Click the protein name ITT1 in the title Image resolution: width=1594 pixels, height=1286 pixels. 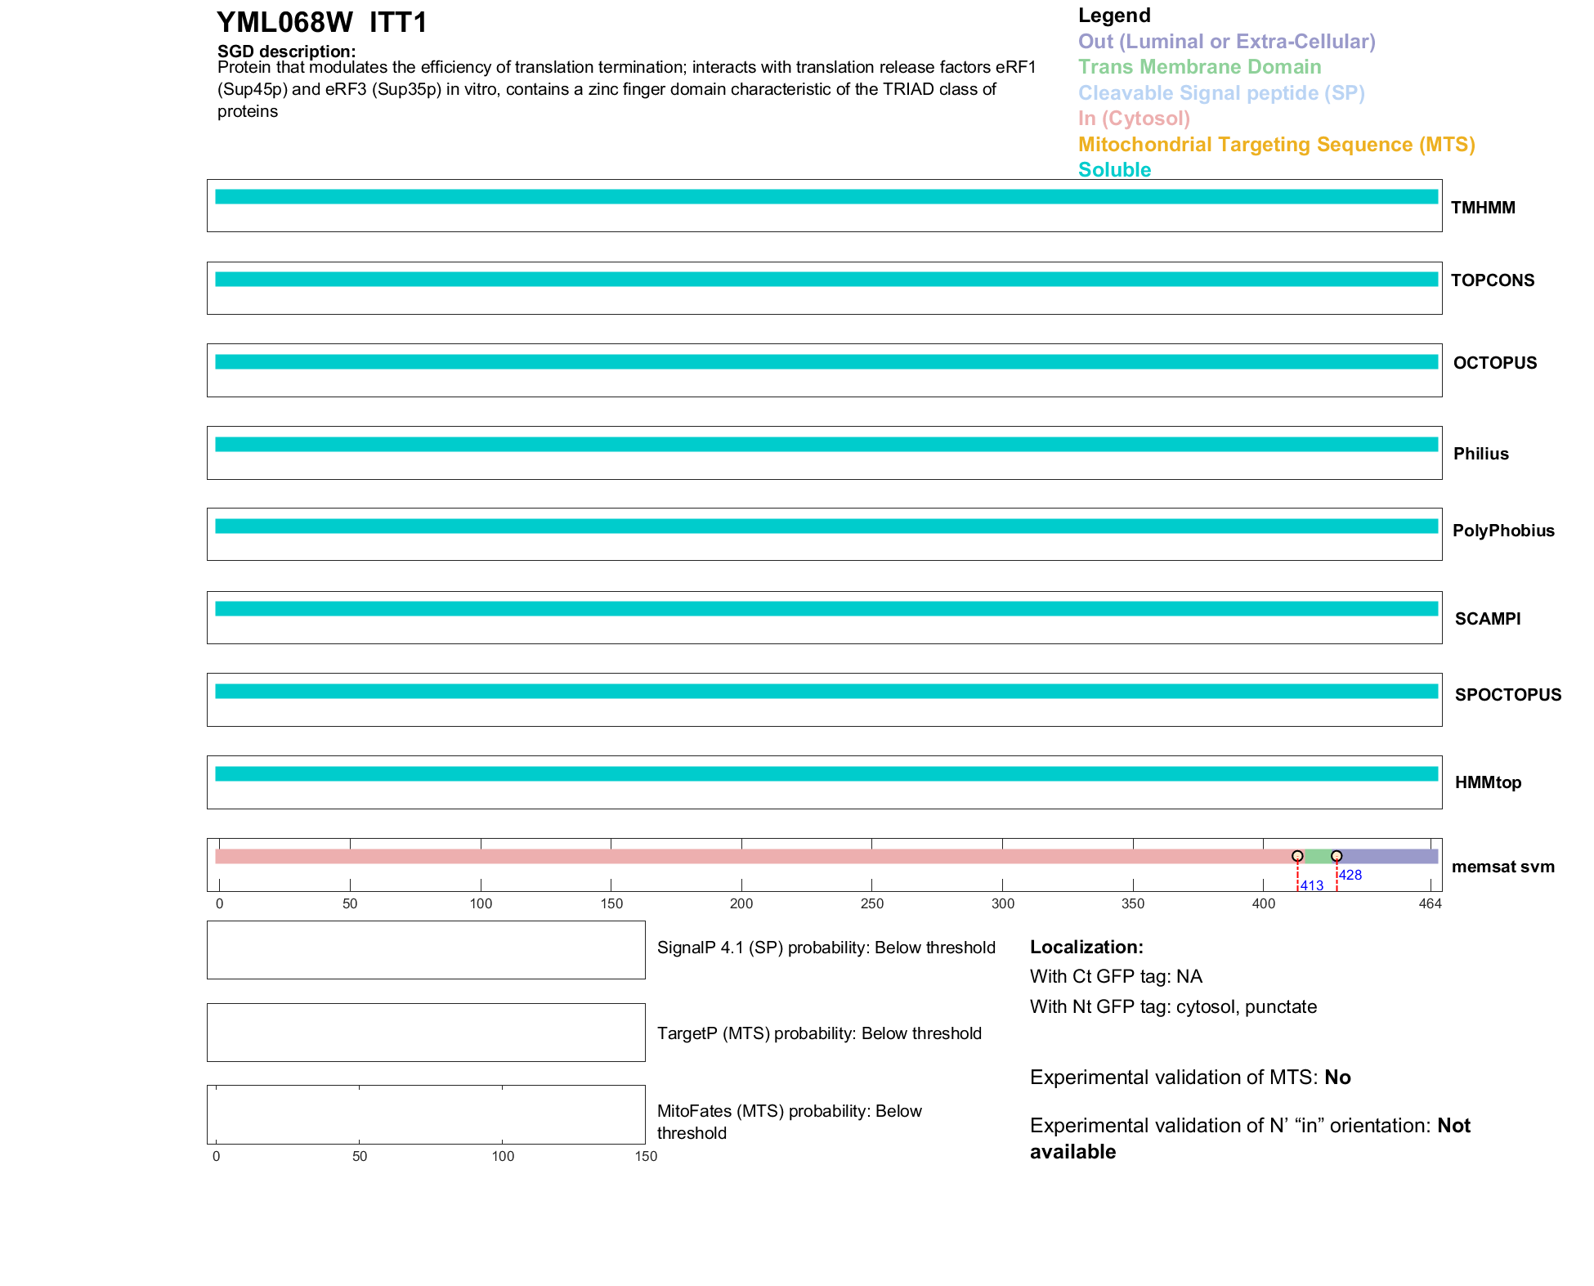tap(398, 23)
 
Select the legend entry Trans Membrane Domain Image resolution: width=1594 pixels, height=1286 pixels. tap(1199, 67)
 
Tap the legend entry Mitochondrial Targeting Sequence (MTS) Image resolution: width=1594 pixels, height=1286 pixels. tap(1276, 145)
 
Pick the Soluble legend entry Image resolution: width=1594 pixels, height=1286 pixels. tap(1114, 170)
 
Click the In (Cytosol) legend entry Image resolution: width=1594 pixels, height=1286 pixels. tap(1134, 119)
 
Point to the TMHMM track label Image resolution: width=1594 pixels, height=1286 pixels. tap(1483, 208)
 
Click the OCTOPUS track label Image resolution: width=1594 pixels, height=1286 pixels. tap(1494, 363)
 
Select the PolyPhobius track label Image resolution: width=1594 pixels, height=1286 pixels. tap(1502, 531)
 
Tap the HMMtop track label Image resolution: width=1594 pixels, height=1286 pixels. tap(1488, 782)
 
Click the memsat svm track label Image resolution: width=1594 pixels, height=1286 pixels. tap(1502, 867)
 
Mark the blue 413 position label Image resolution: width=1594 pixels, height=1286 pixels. tap(1311, 886)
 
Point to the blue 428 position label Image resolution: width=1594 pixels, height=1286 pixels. tap(1350, 875)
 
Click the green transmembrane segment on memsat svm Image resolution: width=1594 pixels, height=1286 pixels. tap(1317, 856)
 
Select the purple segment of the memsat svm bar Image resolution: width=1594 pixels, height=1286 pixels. tap(1388, 856)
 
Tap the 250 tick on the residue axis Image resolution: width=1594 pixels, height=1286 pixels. tap(871, 903)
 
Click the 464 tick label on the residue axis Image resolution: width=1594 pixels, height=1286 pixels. tap(1430, 903)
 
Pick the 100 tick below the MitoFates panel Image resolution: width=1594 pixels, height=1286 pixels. tap(503, 1156)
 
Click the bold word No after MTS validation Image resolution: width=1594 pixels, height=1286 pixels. tap(1337, 1078)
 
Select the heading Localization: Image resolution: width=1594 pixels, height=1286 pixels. tap(1086, 948)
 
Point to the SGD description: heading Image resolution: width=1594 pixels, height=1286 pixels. tap(286, 52)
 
